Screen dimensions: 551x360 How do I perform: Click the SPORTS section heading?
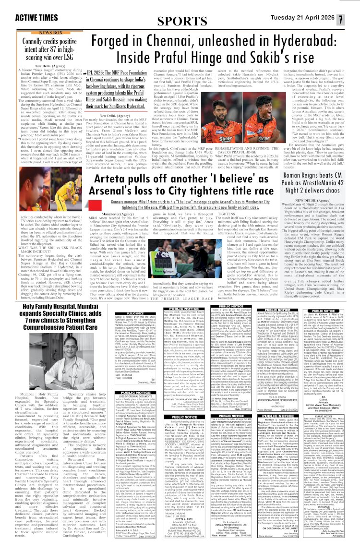[180, 20]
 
